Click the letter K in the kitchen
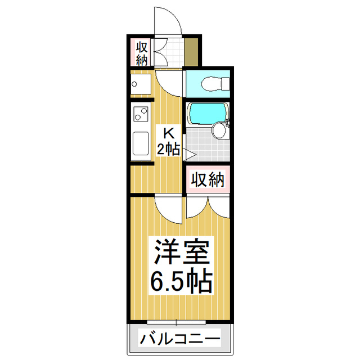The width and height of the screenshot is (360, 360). [168, 134]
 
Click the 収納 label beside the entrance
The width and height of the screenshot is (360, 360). [141, 52]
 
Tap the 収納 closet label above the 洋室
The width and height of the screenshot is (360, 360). [208, 179]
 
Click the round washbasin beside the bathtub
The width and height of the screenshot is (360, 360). [219, 131]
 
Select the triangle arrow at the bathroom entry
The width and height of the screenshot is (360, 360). [190, 154]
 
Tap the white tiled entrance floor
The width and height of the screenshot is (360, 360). [172, 52]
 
